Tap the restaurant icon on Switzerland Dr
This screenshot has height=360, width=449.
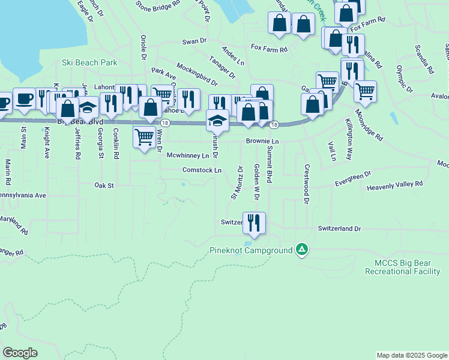click(x=254, y=223)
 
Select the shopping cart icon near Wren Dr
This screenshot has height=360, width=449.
click(x=144, y=137)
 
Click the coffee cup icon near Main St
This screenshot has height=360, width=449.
click(x=24, y=99)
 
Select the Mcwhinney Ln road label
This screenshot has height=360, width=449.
click(x=188, y=155)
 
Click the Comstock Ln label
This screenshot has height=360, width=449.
click(x=202, y=170)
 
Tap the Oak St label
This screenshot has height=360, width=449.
click(x=104, y=186)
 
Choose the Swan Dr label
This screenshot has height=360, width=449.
click(x=194, y=41)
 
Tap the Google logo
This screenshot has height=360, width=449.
click(x=20, y=353)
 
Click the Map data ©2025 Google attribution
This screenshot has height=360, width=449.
click(x=411, y=355)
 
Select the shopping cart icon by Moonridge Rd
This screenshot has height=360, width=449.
click(x=364, y=91)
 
